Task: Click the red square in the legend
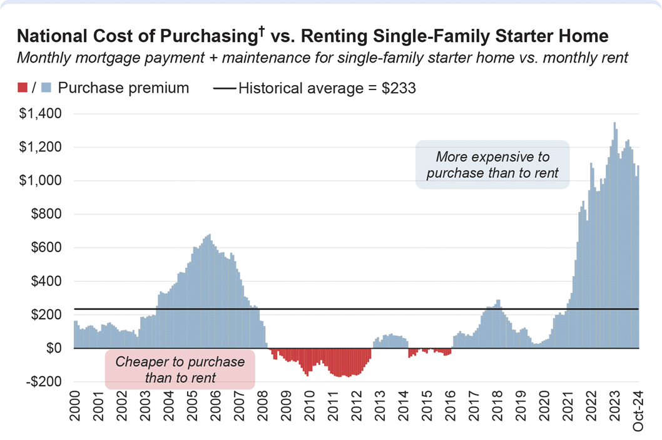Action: pos(23,88)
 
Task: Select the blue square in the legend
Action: pos(45,88)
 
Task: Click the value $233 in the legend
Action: pos(400,88)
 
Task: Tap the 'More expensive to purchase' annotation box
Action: pos(492,165)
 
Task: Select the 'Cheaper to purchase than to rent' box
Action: pos(180,370)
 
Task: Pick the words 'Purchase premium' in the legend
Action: pos(123,88)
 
